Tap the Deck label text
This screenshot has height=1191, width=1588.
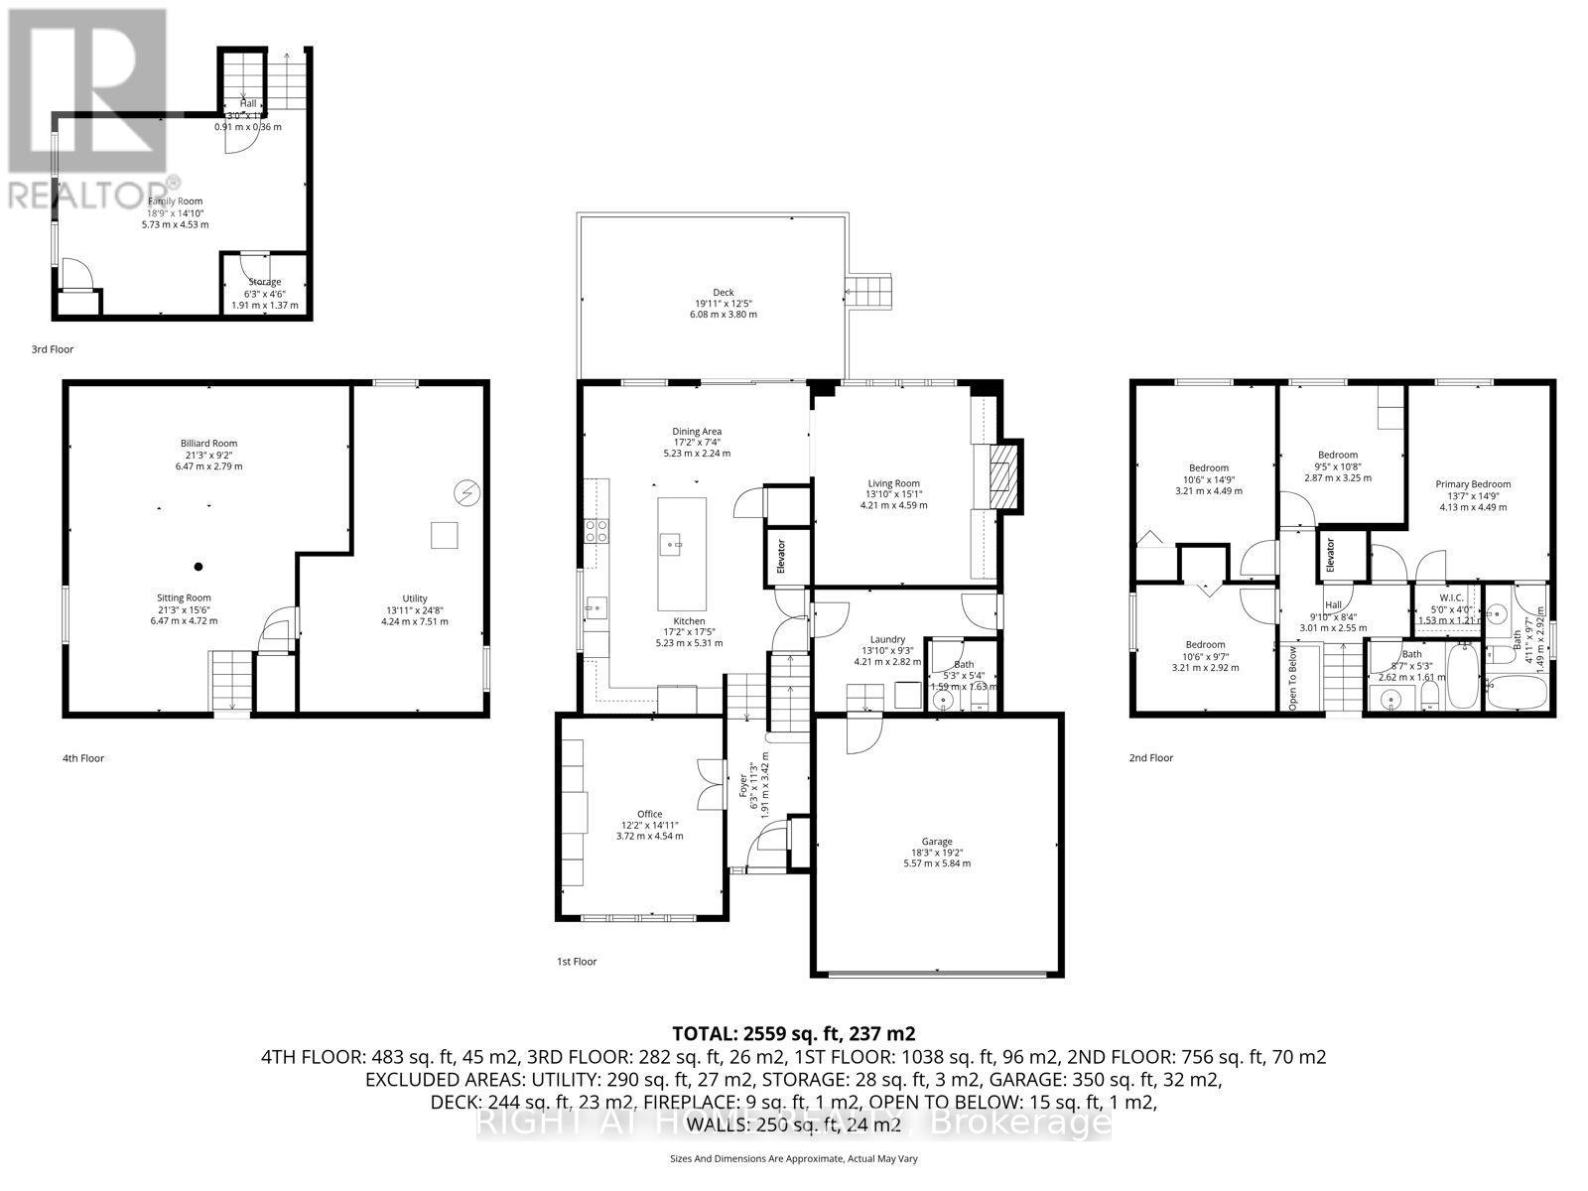725,293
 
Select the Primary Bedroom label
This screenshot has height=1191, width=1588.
1473,484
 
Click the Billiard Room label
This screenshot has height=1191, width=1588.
208,444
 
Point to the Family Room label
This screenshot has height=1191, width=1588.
175,201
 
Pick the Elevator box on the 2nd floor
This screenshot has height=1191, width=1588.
1330,555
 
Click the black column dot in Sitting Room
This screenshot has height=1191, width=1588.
198,567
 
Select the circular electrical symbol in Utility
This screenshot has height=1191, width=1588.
466,492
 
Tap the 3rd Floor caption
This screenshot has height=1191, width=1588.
53,349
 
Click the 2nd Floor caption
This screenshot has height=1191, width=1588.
1150,757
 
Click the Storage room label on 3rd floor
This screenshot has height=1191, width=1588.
264,282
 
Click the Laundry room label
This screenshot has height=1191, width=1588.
887,640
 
